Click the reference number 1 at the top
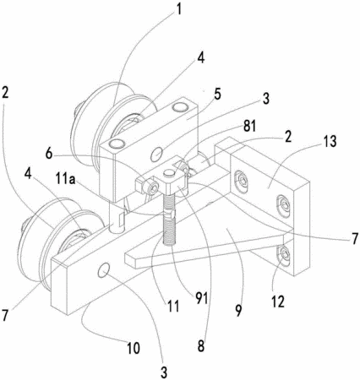[177, 9]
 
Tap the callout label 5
[217, 95]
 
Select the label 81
[249, 127]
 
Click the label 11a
[65, 180]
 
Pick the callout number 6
[50, 154]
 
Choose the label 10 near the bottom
[133, 348]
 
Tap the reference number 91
[202, 298]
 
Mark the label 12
[278, 301]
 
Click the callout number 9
[238, 310]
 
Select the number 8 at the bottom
[201, 346]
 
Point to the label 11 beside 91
[173, 306]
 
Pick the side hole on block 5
[157, 154]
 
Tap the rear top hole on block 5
[180, 106]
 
